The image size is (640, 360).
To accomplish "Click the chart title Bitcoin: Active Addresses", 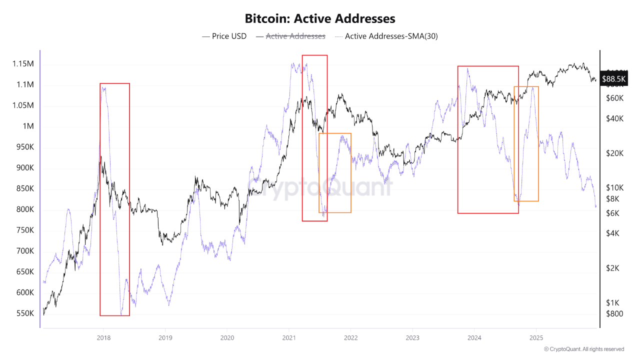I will (x=320, y=19).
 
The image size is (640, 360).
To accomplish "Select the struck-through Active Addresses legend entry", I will (x=295, y=36).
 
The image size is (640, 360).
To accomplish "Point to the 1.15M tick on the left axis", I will (x=23, y=64).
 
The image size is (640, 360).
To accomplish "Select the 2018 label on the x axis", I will (x=103, y=338).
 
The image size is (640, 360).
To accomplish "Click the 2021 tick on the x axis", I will (x=288, y=338).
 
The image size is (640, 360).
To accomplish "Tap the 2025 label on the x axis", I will (x=536, y=338).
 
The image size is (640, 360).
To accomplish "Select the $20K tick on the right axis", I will (x=614, y=153).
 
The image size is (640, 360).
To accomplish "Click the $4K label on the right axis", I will (x=613, y=233).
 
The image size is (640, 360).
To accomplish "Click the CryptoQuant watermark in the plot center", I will (x=320, y=188).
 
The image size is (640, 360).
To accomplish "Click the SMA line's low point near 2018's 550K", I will (x=121, y=314).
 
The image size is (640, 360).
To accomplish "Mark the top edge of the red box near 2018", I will (x=114, y=83).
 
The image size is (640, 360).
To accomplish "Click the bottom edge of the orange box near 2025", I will (x=526, y=201).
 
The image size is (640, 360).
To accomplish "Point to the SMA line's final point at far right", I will (x=596, y=206).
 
